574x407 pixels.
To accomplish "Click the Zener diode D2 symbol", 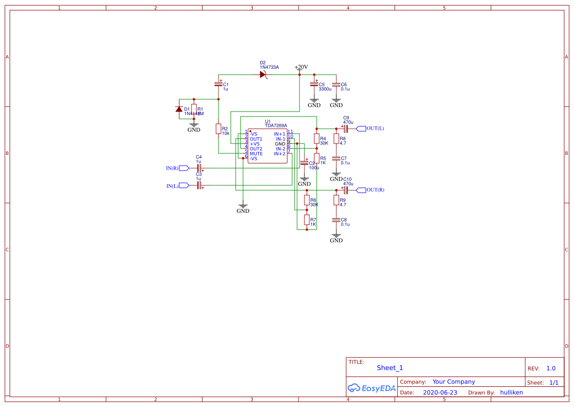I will click(x=263, y=74).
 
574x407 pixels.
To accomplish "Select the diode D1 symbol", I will click(x=179, y=109).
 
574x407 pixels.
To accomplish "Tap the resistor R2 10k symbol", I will click(x=219, y=129).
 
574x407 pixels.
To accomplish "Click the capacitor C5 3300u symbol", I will click(x=314, y=85).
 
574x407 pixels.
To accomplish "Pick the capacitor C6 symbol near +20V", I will click(x=336, y=85).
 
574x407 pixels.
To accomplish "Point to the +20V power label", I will click(x=301, y=67).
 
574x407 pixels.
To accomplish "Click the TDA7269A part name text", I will click(x=276, y=126).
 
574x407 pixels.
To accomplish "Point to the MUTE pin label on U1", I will click(x=256, y=153).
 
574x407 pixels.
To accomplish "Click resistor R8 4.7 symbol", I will click(x=336, y=139).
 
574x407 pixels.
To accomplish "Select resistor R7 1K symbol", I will click(x=307, y=219).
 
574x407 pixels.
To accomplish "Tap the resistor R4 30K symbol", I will click(x=317, y=139).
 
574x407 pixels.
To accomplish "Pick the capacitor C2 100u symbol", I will click(x=304, y=163).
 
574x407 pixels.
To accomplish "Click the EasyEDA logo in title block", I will click(x=371, y=388).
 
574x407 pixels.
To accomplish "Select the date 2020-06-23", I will click(x=439, y=393).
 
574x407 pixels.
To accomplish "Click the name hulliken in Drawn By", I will click(x=511, y=393).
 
